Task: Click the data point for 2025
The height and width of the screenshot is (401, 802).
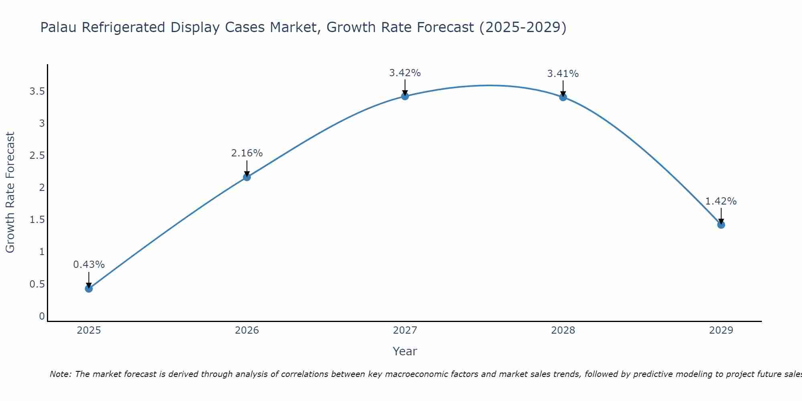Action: point(89,288)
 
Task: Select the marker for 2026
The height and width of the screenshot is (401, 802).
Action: point(247,177)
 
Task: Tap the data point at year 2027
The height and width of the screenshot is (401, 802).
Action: point(405,96)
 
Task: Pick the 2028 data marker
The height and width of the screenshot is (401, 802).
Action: point(563,97)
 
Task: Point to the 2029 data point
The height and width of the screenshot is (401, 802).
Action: point(721,225)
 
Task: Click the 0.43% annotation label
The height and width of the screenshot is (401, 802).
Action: point(89,265)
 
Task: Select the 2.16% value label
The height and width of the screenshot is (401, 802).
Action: point(247,153)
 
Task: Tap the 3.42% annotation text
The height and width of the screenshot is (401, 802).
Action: point(405,73)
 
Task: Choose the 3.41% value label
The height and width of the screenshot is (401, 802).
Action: point(563,74)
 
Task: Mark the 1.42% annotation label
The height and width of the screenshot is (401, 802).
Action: point(721,201)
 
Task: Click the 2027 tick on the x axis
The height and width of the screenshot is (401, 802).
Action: point(405,330)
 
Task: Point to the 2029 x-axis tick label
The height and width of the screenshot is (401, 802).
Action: point(721,330)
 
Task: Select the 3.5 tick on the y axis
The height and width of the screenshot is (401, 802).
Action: point(37,91)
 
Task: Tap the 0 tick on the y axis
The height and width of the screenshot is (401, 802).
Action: point(42,316)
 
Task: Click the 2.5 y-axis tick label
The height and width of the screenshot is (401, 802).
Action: point(37,156)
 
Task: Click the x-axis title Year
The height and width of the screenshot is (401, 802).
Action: point(405,351)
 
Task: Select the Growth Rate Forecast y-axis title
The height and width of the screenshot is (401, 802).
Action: point(10,192)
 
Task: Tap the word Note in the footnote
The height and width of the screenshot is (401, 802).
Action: point(60,374)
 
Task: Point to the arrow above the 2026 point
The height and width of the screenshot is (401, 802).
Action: point(247,168)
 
